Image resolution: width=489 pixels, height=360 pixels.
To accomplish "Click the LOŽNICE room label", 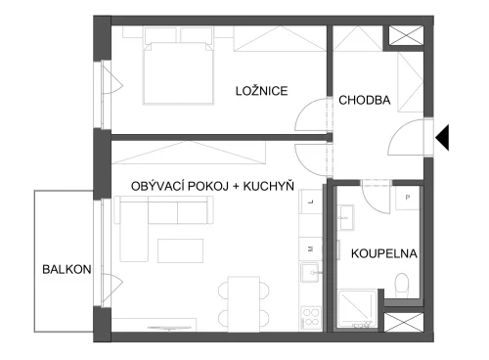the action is (262, 91).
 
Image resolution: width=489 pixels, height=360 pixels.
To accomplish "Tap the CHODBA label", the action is (365, 100).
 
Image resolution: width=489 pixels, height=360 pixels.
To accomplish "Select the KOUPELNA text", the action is (384, 253).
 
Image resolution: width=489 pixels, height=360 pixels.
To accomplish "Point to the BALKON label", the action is (67, 269).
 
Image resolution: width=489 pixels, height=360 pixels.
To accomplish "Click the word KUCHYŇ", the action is (269, 186).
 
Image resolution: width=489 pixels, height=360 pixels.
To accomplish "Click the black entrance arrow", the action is (442, 137).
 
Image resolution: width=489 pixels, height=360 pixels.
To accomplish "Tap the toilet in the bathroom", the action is (402, 286).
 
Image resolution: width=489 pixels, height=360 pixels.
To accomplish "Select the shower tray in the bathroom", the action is (358, 309).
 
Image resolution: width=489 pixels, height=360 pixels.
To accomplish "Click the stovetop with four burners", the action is (311, 318).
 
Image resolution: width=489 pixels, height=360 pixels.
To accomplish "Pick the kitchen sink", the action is (310, 272).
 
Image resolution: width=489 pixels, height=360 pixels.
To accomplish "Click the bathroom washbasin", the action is (346, 217).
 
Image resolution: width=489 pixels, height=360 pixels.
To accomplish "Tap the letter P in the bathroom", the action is (408, 198).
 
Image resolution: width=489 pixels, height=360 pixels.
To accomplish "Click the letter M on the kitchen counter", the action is (311, 248).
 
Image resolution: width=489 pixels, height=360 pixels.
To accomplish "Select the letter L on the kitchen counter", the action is (311, 202).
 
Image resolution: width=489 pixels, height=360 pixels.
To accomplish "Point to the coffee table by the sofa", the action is (181, 250).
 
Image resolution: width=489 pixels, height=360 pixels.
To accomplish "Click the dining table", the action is (244, 304).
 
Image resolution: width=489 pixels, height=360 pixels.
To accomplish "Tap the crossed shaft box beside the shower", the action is (404, 322).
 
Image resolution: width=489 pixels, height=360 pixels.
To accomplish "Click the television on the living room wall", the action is (169, 328).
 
